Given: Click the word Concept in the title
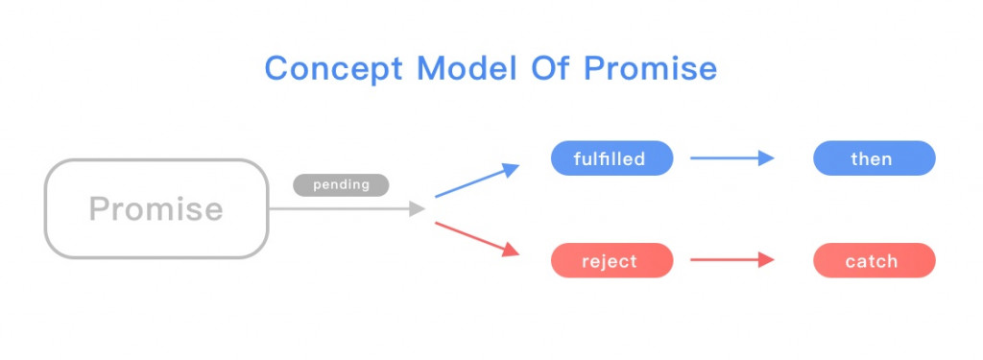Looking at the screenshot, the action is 333,68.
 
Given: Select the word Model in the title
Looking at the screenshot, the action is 468,67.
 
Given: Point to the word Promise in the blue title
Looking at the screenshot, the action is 650,67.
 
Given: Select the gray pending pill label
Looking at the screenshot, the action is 341,185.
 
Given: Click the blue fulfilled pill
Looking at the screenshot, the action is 611,158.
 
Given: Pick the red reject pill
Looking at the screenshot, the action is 611,260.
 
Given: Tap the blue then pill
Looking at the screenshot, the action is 874,158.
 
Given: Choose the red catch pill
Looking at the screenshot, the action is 874,260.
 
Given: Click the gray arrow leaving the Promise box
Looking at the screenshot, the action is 348,209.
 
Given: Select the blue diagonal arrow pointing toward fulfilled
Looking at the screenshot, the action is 477,180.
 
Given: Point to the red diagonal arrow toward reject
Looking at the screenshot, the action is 477,239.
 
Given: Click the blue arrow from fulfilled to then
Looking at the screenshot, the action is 732,158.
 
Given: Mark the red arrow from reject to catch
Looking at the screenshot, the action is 732,259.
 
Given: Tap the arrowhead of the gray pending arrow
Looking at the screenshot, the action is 419,209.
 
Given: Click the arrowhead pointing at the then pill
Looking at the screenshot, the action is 767,158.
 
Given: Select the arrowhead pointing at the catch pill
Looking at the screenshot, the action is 767,259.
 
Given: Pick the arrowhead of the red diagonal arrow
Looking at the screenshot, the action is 512,251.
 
